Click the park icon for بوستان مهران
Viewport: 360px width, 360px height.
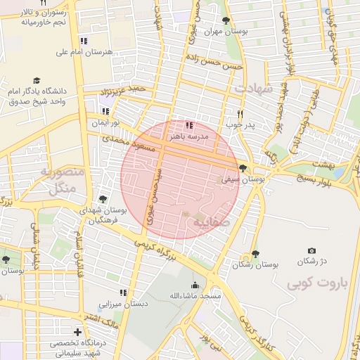(x=226, y=20)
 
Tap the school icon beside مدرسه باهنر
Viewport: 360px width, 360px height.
(x=188, y=125)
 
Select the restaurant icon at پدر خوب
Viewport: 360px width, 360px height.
(x=240, y=114)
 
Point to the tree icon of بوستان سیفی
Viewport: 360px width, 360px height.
(x=243, y=168)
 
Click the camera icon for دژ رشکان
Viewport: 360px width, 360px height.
(x=311, y=250)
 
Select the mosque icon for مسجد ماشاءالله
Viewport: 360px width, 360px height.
(x=195, y=285)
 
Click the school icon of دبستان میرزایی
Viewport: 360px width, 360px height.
(x=123, y=292)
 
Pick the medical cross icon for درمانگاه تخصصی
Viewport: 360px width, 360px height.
(x=78, y=331)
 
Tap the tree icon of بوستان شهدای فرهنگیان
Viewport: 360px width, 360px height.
(x=104, y=199)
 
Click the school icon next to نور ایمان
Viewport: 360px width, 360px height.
(x=105, y=111)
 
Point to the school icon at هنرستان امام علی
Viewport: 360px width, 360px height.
(x=84, y=41)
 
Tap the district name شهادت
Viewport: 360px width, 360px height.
(x=253, y=89)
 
